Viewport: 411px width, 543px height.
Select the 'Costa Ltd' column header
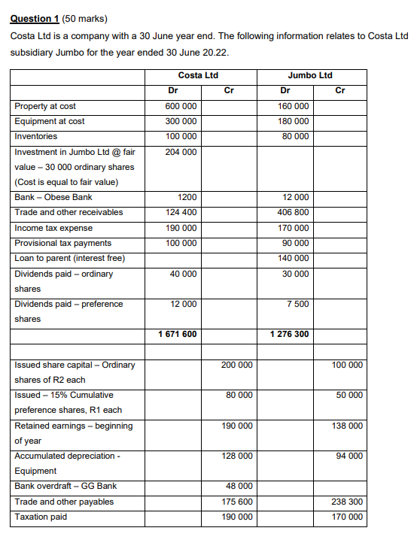tap(198, 75)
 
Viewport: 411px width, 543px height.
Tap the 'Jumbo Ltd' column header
tap(309, 75)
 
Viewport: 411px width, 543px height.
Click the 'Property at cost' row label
tap(45, 106)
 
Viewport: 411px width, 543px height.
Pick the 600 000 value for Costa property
tap(181, 106)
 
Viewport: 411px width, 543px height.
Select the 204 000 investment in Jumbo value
tap(181, 152)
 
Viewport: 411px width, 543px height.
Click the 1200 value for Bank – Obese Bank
tap(187, 197)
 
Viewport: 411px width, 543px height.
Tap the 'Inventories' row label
tap(36, 136)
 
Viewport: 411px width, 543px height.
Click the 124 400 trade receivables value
tap(181, 212)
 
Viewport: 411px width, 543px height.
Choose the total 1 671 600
tap(178, 334)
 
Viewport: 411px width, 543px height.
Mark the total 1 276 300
tap(289, 334)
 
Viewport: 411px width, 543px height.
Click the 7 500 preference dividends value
tap(297, 304)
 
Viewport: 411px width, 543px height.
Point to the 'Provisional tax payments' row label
tap(63, 243)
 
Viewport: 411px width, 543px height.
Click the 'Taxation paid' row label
tap(41, 517)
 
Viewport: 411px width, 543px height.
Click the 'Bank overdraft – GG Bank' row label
tap(65, 486)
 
